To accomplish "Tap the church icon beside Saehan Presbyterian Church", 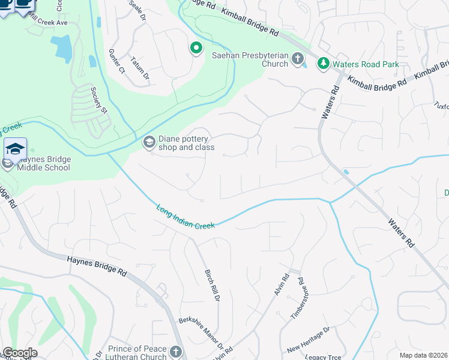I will (297, 59).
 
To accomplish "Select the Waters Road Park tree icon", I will (323, 63).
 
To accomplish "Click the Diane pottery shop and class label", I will (186, 142).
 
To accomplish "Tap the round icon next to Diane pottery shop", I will (148, 142).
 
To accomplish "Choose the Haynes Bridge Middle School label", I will (40, 163).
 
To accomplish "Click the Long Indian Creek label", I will (185, 217).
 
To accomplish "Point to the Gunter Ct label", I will (118, 62).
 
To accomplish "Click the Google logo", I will (20, 353).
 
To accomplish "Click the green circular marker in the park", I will (196, 48).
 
